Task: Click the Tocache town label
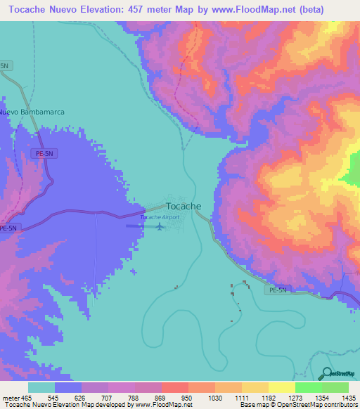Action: [184, 207]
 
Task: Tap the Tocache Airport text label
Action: [160, 218]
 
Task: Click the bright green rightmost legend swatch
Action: [335, 388]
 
